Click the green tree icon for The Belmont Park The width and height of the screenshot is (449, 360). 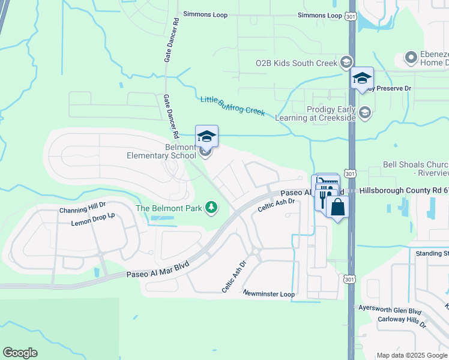pos(211,208)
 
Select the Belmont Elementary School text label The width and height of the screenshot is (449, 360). pos(161,151)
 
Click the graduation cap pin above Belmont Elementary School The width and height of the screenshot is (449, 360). pos(206,136)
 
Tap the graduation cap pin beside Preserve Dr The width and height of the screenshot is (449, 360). pos(362,78)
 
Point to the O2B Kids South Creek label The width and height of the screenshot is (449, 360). pos(297,62)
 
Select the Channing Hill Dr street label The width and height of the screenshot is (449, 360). pos(82,210)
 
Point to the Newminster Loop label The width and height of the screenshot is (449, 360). pos(269,293)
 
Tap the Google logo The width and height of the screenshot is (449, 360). pos(20,353)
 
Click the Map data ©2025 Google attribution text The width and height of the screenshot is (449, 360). pos(411,355)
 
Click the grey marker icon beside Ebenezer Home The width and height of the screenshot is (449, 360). pos(411,58)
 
